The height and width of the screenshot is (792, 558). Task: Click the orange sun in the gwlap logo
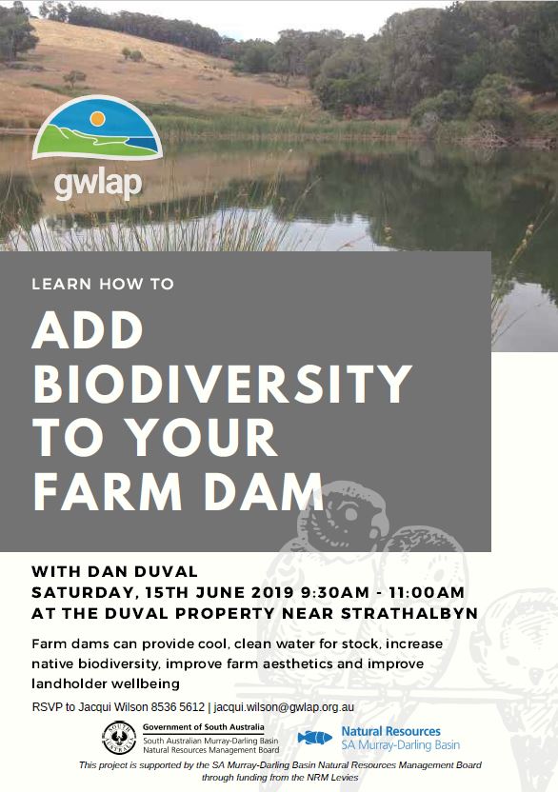click(x=97, y=119)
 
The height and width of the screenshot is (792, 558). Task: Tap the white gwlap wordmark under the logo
click(x=98, y=184)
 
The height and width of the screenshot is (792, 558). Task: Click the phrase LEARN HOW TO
click(x=103, y=284)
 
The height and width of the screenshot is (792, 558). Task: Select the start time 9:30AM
click(x=335, y=592)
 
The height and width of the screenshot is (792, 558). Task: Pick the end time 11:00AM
click(x=427, y=592)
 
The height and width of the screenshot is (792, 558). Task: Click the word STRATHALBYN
click(x=409, y=613)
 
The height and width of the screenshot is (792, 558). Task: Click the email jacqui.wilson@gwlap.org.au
click(x=284, y=707)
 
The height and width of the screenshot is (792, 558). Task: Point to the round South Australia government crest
click(x=119, y=738)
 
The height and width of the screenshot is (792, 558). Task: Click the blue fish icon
click(x=314, y=738)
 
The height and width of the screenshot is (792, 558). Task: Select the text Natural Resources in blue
click(x=390, y=731)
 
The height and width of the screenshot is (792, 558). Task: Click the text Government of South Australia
click(x=203, y=727)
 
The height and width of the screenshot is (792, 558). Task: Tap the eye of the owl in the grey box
click(x=349, y=514)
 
